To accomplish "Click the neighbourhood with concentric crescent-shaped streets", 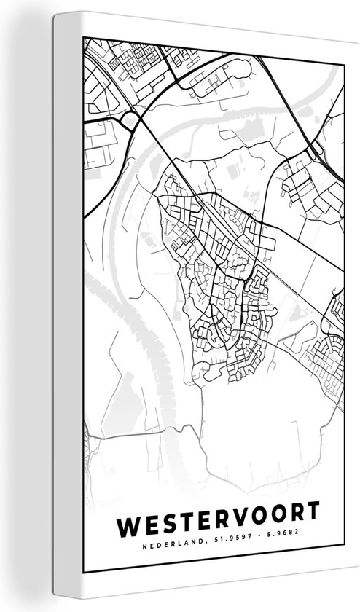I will [332, 342].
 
